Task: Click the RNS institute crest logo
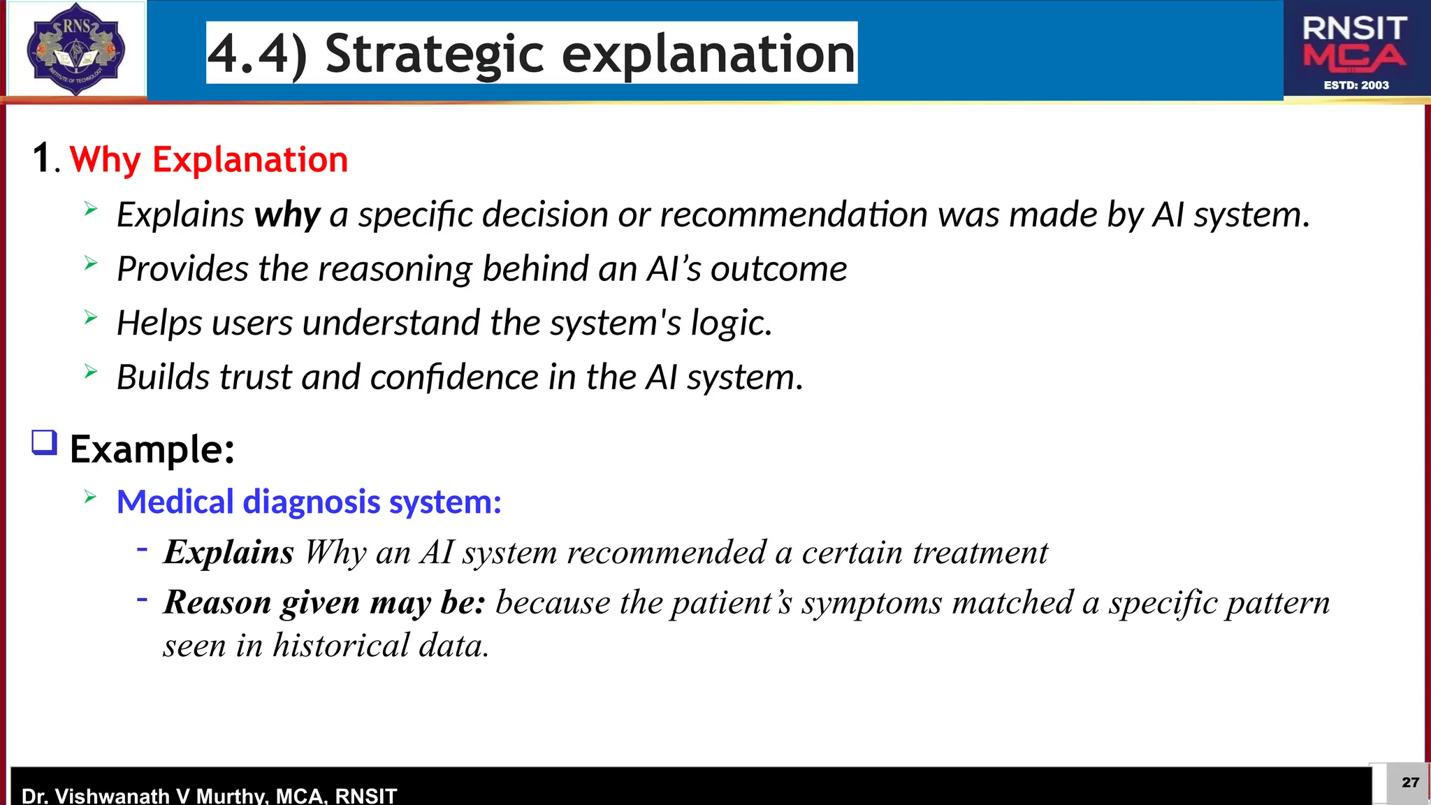(x=75, y=49)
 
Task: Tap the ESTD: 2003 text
(x=1356, y=85)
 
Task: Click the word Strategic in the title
(x=434, y=54)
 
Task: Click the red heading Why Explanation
(x=208, y=159)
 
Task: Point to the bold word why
(x=287, y=215)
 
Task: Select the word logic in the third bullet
(x=730, y=323)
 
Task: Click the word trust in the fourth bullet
(x=254, y=377)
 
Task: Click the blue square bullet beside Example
(x=45, y=443)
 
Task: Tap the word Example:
(x=152, y=449)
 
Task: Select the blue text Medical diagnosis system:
(x=309, y=502)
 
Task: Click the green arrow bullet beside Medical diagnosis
(x=90, y=497)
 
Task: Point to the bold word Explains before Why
(x=228, y=552)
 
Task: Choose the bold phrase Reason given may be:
(x=324, y=602)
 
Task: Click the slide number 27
(x=1410, y=782)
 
